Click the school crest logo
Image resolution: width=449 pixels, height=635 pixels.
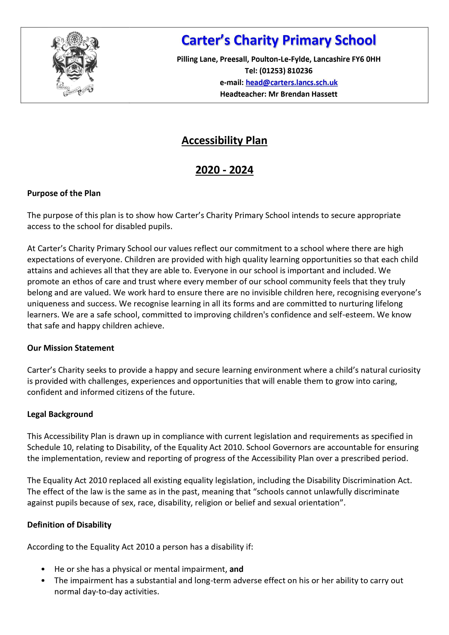point(75,64)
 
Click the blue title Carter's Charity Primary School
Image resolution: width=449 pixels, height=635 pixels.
point(279,40)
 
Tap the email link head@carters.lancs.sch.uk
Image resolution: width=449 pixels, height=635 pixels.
point(292,82)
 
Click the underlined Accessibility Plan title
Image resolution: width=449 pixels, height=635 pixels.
point(224,140)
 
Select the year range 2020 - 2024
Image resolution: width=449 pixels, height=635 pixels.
point(224,170)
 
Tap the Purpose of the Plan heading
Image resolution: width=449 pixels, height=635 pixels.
point(64,193)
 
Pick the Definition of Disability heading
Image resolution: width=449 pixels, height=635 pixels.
point(69,525)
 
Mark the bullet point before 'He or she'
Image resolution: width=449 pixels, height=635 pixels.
point(43,569)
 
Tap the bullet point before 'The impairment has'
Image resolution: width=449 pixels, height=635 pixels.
point(43,580)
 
